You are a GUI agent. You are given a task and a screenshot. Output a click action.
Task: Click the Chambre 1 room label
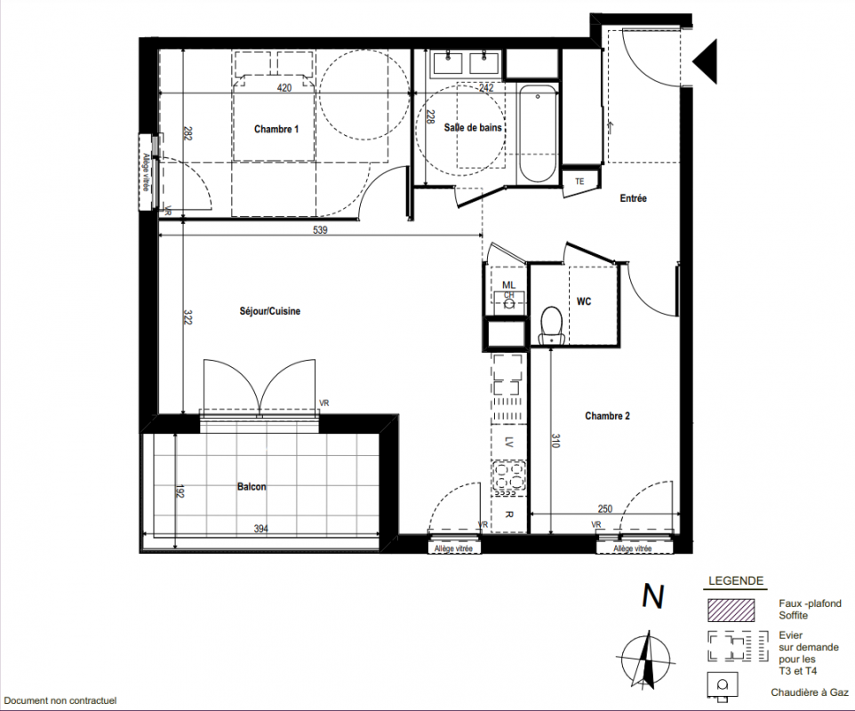tap(276, 129)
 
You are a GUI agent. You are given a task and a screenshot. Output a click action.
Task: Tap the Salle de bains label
tap(473, 128)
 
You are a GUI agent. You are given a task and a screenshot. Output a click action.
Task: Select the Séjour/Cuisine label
tap(270, 311)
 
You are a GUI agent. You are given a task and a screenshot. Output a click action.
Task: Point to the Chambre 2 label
tap(607, 416)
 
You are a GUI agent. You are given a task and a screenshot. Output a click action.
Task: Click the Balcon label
tap(252, 486)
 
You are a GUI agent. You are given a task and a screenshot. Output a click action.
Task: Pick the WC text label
tap(584, 301)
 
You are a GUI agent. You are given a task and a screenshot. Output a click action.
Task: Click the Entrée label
tap(633, 198)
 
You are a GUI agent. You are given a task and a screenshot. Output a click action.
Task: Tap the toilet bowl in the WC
tap(552, 325)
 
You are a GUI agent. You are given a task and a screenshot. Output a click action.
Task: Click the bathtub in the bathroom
tap(538, 133)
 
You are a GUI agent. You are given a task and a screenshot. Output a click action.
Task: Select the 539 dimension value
tap(320, 230)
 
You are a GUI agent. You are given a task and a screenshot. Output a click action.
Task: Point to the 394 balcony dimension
tap(261, 529)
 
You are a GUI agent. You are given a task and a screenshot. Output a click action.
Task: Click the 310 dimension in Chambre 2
tap(555, 441)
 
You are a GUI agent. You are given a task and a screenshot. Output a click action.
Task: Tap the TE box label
tap(579, 181)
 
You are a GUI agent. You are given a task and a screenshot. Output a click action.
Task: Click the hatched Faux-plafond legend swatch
tap(731, 611)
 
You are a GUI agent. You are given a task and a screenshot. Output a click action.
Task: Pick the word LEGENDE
tap(736, 581)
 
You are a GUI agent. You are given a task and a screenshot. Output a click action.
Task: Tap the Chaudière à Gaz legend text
tap(809, 692)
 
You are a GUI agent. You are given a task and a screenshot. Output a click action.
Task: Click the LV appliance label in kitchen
tap(508, 441)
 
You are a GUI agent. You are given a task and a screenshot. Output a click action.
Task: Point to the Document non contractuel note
tap(60, 700)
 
